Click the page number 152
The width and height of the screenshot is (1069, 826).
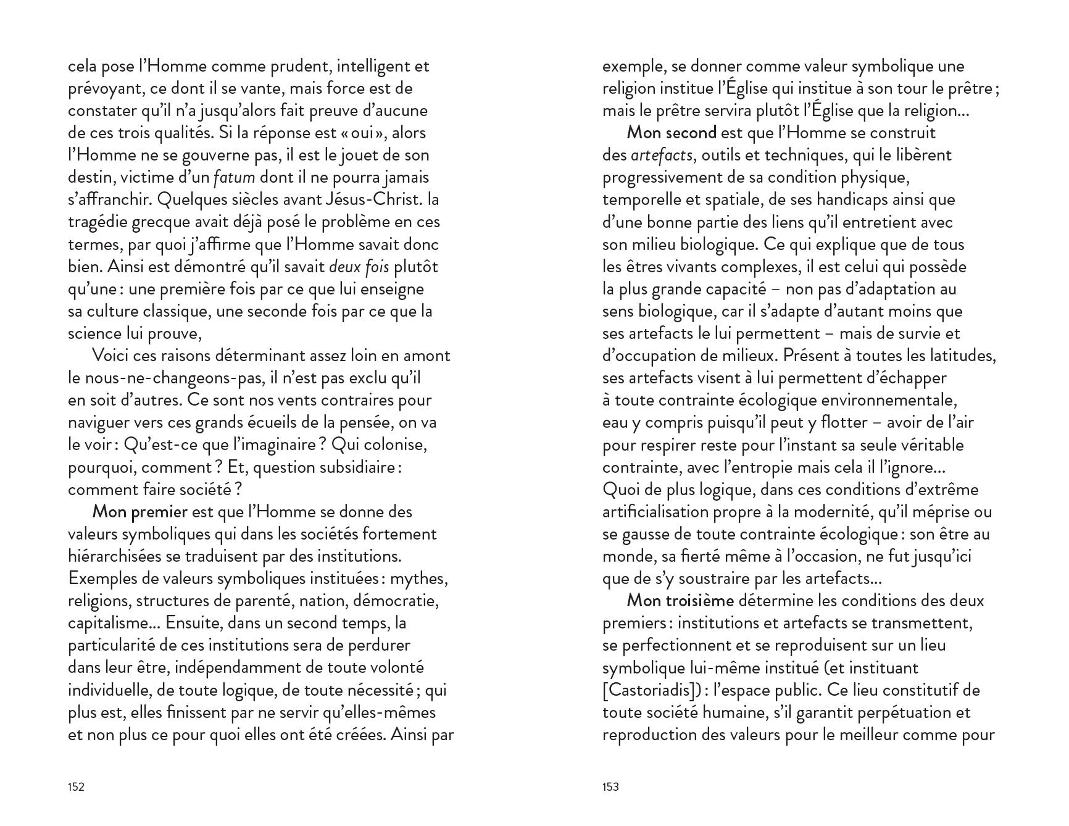76,786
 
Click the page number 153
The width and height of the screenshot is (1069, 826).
610,786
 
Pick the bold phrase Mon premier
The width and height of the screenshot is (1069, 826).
139,512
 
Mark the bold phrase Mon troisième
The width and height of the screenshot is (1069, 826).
680,601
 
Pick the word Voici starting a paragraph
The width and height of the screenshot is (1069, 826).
111,356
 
